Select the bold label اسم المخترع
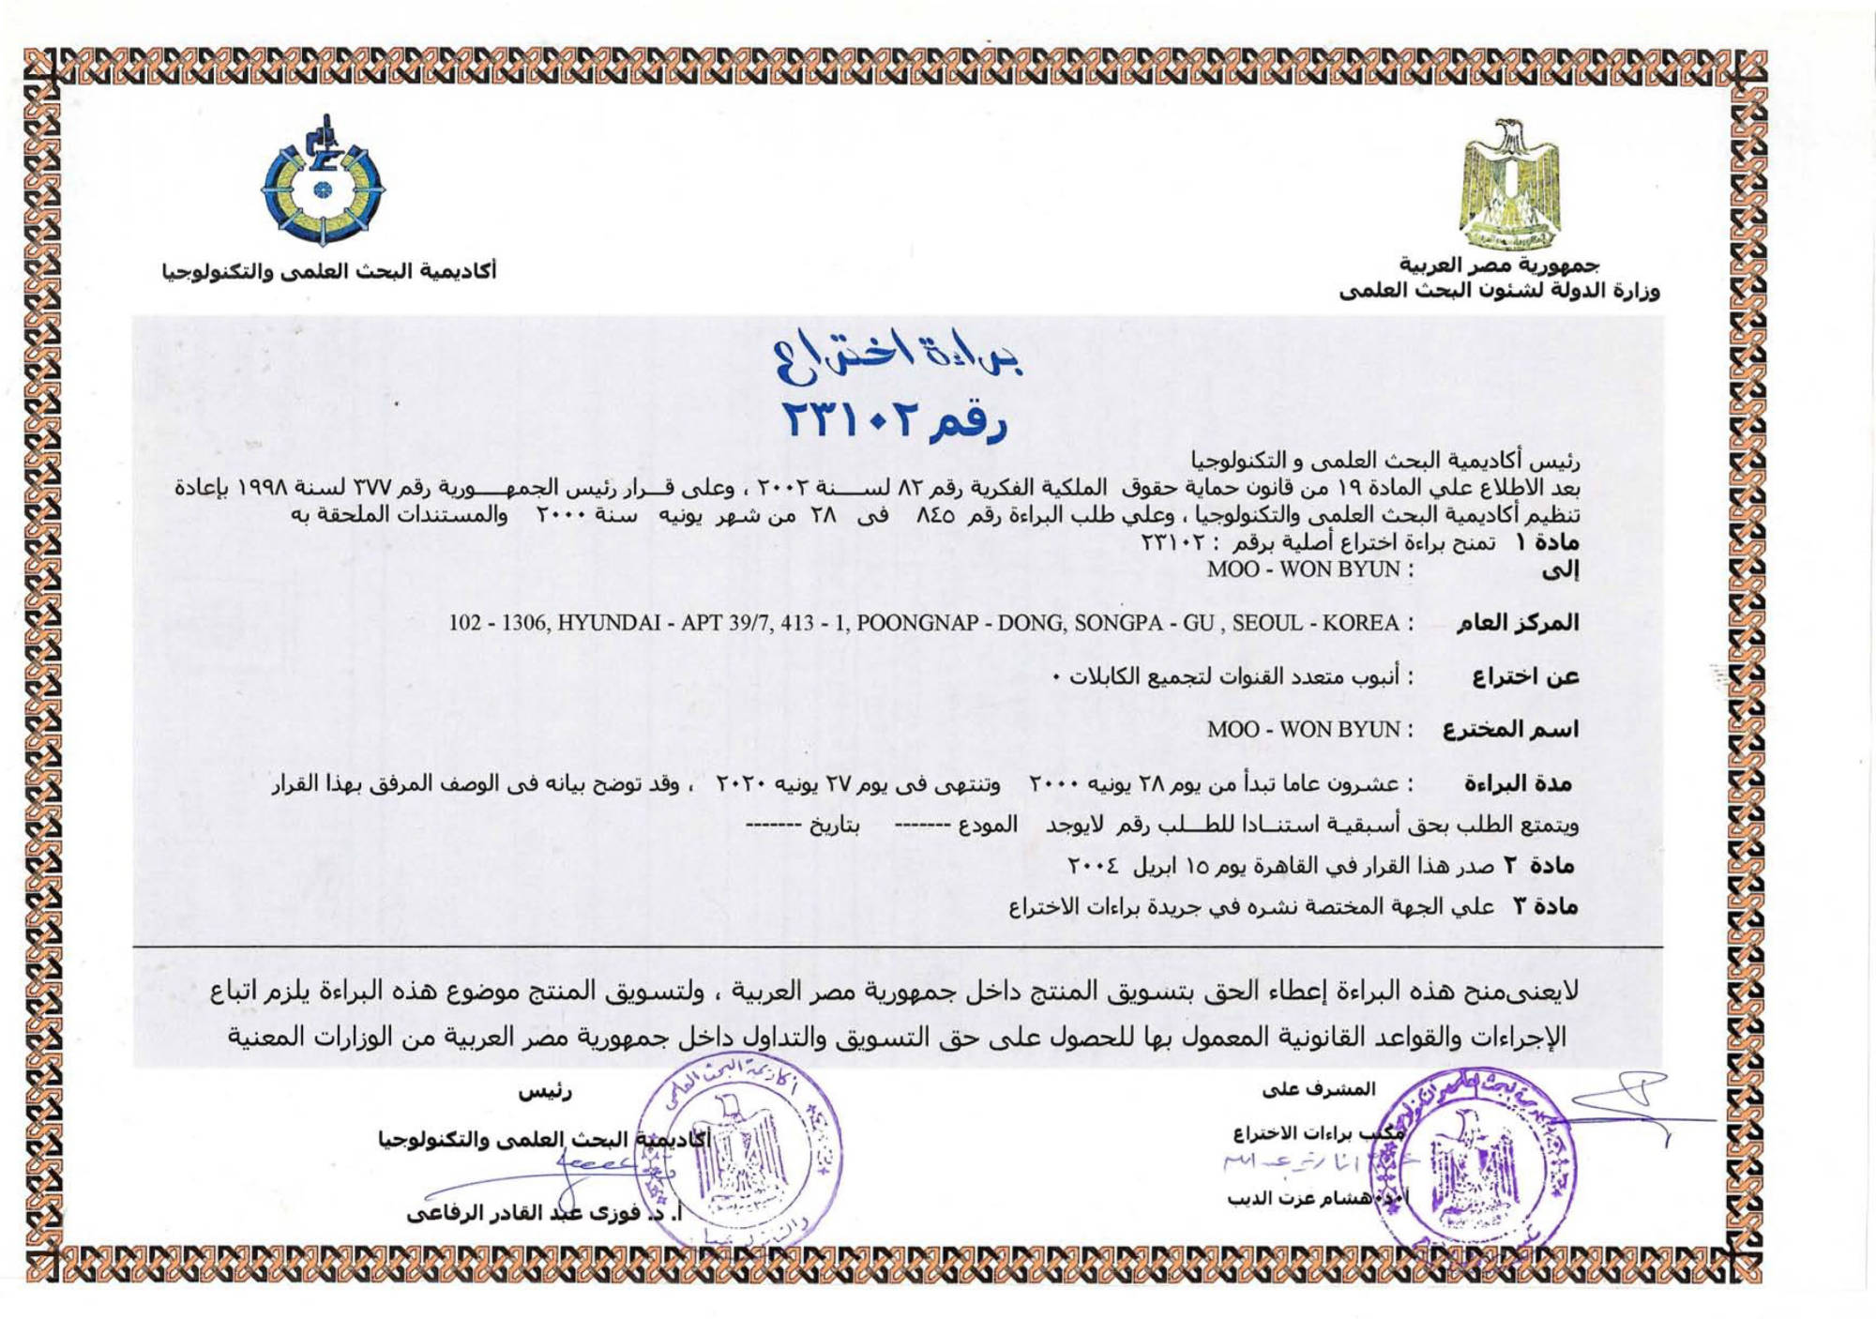coord(1510,729)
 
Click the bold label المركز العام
coord(1518,623)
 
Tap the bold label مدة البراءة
coord(1518,782)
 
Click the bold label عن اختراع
coord(1525,676)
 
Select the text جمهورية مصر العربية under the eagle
coord(1499,265)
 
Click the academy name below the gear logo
coord(329,271)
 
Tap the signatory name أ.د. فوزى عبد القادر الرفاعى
coord(544,1213)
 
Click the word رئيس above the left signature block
coord(545,1092)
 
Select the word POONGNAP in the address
coord(906,623)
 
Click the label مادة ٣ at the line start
coord(1545,905)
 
